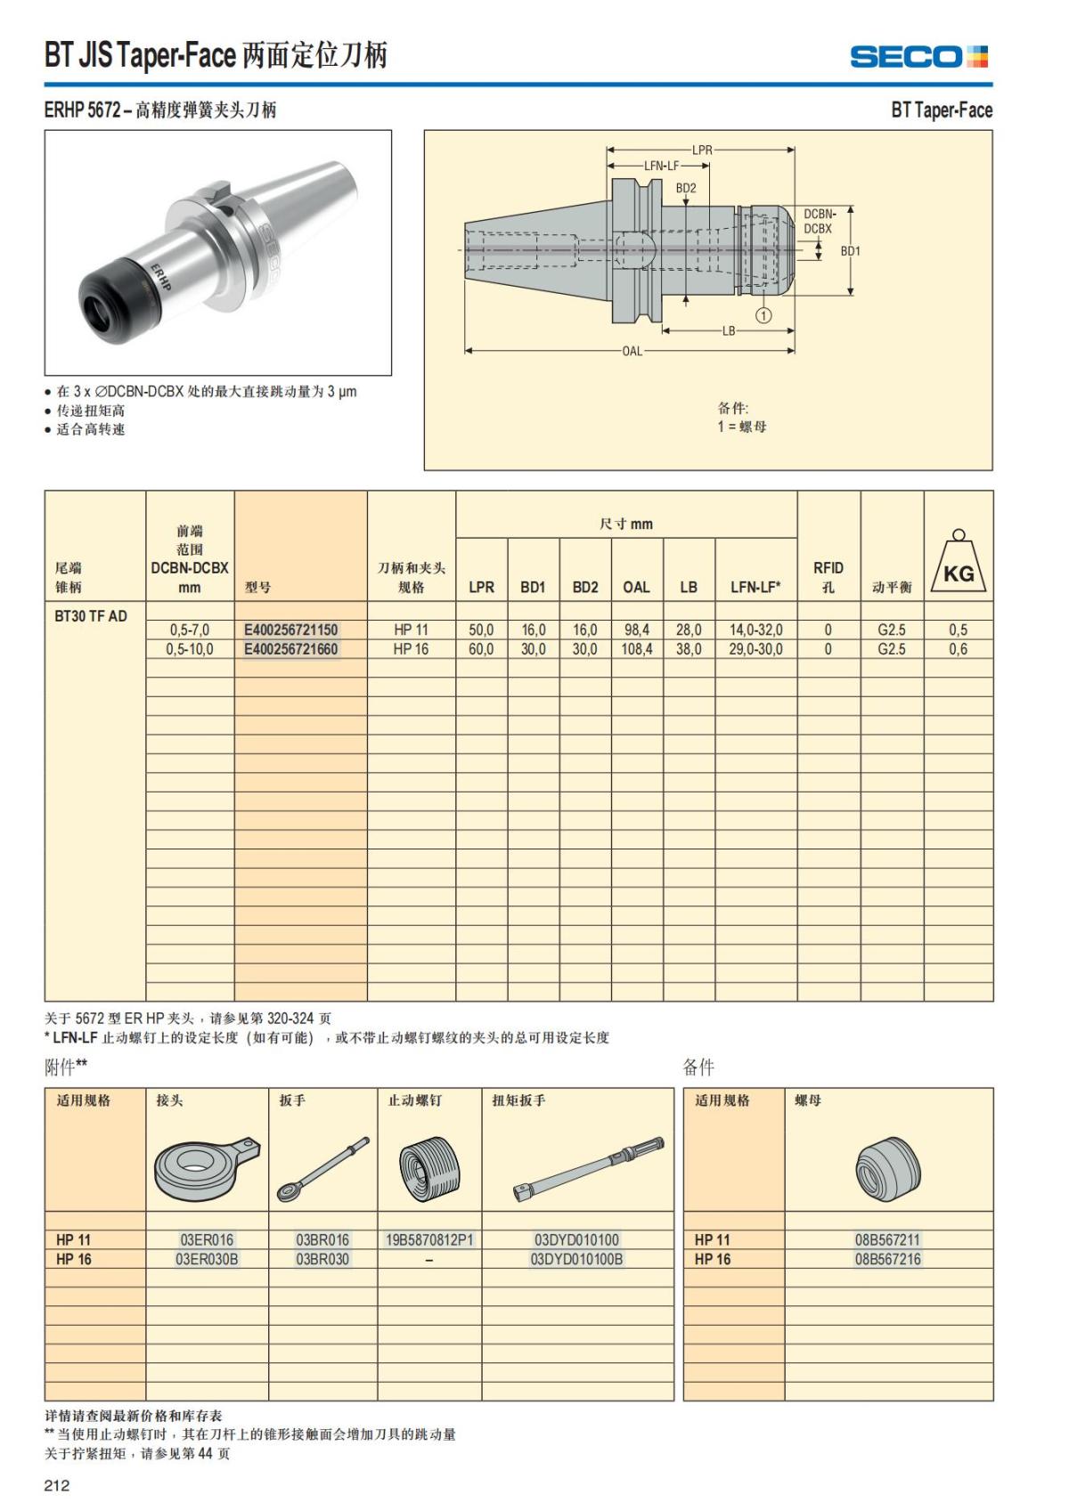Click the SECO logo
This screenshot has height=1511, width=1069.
918,57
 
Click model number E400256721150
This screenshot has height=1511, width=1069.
291,630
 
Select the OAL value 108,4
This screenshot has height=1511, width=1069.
636,649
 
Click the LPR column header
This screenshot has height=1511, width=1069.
481,587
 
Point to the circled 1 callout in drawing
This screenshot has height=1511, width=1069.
763,314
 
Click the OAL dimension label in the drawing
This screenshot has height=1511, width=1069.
632,351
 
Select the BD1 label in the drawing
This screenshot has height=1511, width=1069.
851,251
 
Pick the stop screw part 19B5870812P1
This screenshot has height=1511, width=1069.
429,1239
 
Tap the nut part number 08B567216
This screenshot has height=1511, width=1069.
887,1259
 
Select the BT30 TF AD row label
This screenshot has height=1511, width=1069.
91,615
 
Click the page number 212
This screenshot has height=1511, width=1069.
57,1484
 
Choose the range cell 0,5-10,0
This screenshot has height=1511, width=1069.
190,649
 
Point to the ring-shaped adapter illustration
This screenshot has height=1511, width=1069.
205,1167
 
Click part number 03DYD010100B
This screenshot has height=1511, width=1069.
576,1259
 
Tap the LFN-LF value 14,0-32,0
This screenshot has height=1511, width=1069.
755,630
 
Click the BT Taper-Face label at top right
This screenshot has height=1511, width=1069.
941,110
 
